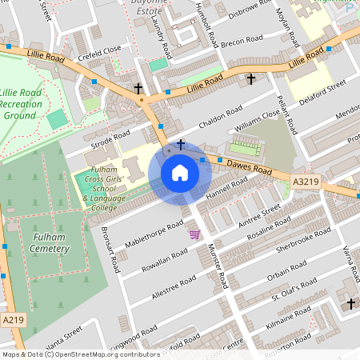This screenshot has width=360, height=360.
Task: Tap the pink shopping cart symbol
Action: pyautogui.click(x=194, y=234)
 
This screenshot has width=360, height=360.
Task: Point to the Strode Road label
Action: pyautogui.click(x=110, y=141)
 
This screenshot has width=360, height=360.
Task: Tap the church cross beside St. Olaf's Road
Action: pyautogui.click(x=350, y=304)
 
